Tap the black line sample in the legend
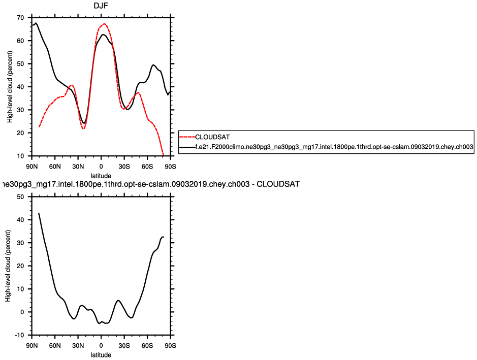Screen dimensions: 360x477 pos(187,146)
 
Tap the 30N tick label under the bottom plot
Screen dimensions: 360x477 pos(78,346)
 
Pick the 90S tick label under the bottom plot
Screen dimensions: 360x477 pos(170,346)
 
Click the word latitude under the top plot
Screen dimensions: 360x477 pos(101,176)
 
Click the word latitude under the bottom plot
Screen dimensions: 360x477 pos(101,355)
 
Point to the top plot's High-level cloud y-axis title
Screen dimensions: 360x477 pos(10,86)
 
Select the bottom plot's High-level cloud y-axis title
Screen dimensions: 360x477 pos(8,266)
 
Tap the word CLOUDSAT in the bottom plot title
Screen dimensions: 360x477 pos(278,184)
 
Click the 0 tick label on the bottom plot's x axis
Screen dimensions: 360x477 pos(101,346)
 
